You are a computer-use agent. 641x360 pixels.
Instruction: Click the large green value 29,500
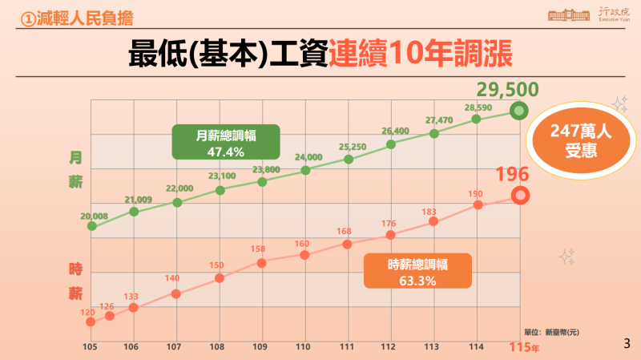[x=506, y=90]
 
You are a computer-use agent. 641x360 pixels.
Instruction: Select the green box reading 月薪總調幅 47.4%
[x=225, y=142]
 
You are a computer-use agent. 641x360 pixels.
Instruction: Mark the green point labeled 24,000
[x=305, y=170]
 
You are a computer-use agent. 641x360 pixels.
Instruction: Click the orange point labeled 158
[x=262, y=261]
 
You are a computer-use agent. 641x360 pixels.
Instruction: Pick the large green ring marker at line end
[x=519, y=111]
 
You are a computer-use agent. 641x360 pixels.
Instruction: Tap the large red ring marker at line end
[x=520, y=195]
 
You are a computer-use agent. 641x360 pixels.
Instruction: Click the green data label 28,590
[x=478, y=107]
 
